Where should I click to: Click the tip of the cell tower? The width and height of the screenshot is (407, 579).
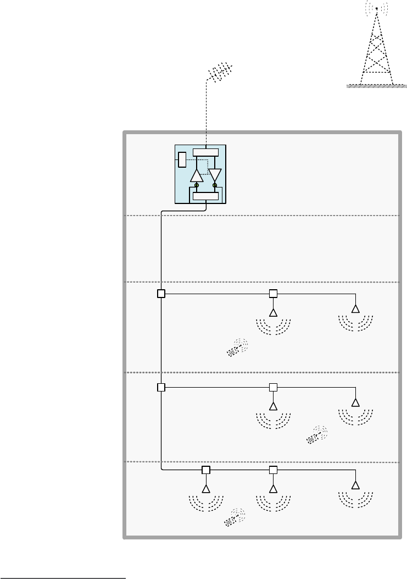[376, 8]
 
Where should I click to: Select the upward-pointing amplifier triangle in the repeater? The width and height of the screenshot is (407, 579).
[197, 175]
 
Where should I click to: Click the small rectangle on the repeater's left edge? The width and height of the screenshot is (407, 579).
[182, 160]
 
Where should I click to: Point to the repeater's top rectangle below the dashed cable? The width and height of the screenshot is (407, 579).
[205, 152]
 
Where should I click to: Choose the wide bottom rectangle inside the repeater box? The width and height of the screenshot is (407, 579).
[205, 196]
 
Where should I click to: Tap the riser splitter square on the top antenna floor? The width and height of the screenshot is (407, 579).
[161, 294]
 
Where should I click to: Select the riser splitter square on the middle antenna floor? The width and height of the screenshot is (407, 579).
[161, 387]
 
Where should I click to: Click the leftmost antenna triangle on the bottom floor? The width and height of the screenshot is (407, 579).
[206, 489]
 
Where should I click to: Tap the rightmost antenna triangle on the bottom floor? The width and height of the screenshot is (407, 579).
[355, 486]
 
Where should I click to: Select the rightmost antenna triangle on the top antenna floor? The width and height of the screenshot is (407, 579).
[355, 308]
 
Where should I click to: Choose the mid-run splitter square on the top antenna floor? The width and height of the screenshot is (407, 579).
[273, 294]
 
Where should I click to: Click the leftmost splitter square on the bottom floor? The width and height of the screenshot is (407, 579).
[206, 470]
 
